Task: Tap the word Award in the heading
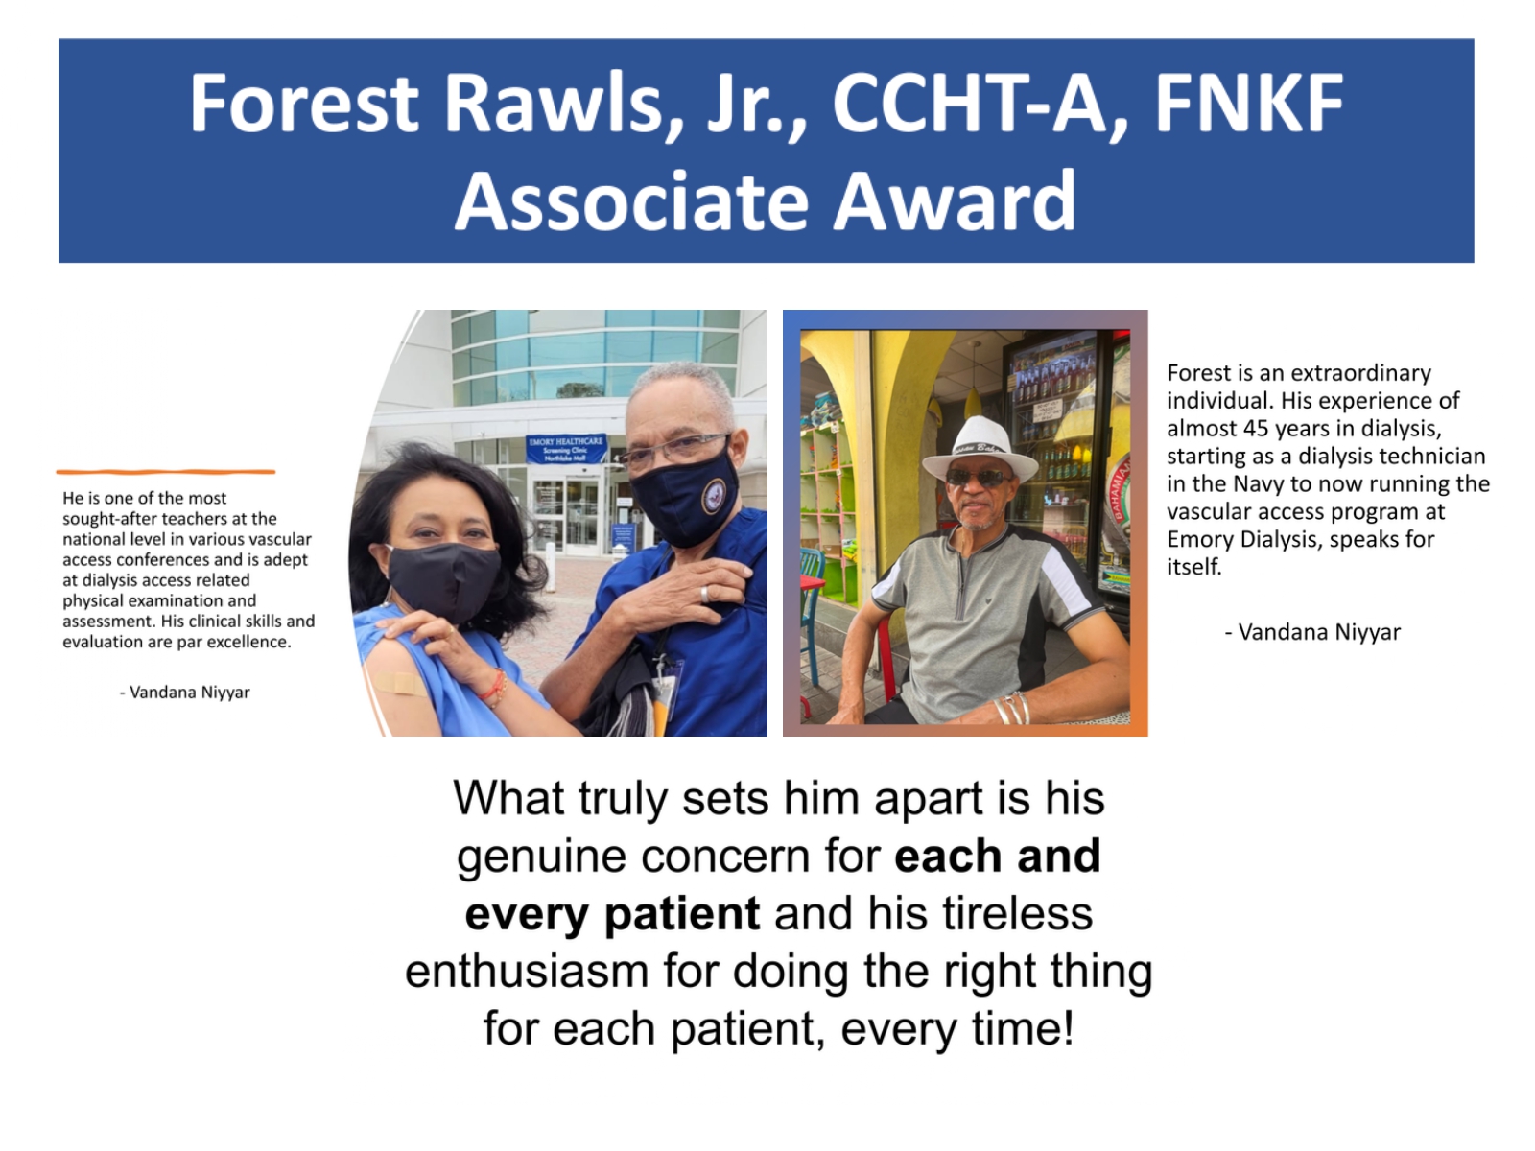pyautogui.click(x=955, y=201)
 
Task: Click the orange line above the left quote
pyautogui.click(x=166, y=472)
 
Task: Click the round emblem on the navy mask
pyautogui.click(x=714, y=497)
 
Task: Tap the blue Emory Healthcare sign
pyautogui.click(x=566, y=449)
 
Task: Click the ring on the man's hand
pyautogui.click(x=705, y=594)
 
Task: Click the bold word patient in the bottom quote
pyautogui.click(x=682, y=913)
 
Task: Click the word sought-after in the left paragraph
pyautogui.click(x=109, y=519)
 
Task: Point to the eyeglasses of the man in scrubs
pyautogui.click(x=674, y=450)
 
